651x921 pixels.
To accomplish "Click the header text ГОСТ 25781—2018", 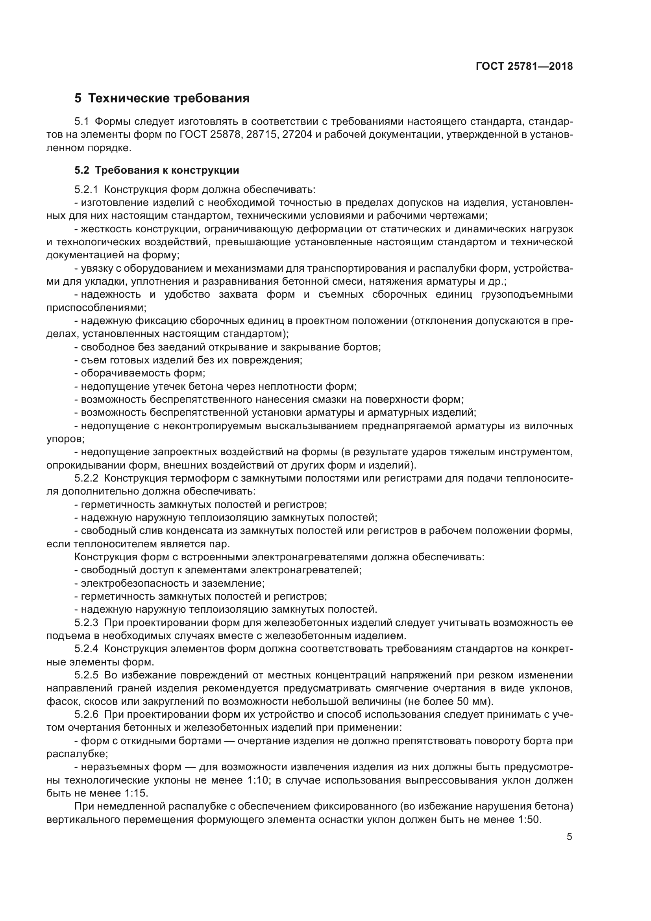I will point(524,67).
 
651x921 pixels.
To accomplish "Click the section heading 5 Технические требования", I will point(162,98).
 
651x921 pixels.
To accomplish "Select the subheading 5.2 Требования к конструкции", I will point(156,170).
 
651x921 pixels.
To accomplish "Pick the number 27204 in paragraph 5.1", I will point(297,135).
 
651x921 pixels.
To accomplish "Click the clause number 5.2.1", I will point(86,189).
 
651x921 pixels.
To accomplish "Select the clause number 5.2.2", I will point(86,478).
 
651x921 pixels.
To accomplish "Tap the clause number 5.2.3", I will point(86,623).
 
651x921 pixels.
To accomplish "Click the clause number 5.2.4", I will point(86,649).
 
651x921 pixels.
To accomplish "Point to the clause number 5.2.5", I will point(86,675).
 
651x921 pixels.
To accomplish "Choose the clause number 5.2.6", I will point(86,714).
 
